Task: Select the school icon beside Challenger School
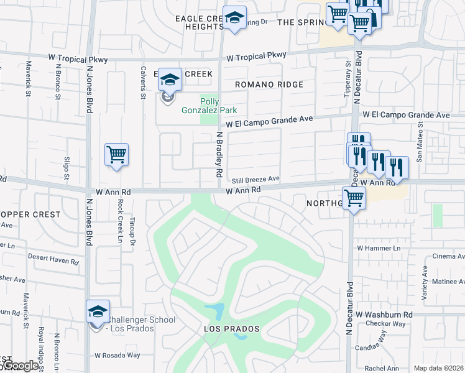click(x=98, y=311)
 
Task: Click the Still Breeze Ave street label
click(x=256, y=179)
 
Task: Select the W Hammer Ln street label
click(x=379, y=248)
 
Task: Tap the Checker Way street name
click(x=385, y=324)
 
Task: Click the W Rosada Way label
click(x=117, y=356)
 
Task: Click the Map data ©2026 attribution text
click(x=438, y=368)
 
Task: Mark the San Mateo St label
click(x=420, y=142)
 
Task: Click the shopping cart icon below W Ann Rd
click(x=354, y=199)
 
